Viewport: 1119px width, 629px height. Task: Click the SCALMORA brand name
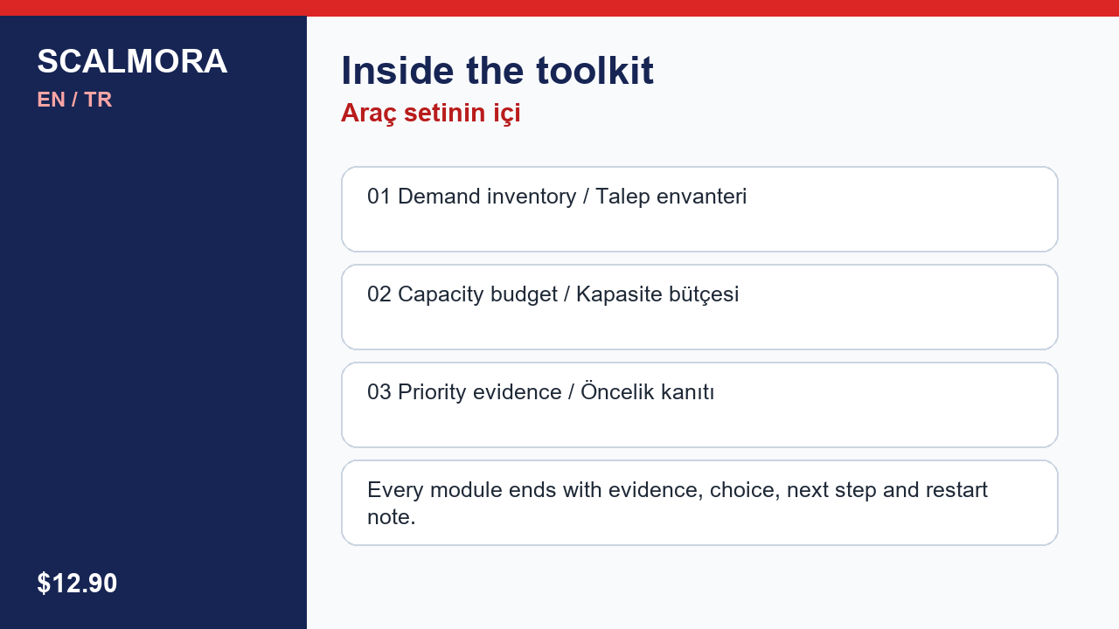point(132,61)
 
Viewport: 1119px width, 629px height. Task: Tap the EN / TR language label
point(74,100)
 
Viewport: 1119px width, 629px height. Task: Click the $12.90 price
point(77,583)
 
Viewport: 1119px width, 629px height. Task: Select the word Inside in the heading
point(398,71)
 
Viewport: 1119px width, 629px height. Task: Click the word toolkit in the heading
point(595,71)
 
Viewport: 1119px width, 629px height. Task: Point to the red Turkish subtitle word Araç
point(369,114)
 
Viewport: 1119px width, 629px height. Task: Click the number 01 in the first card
point(379,197)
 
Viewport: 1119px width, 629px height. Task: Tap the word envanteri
point(701,197)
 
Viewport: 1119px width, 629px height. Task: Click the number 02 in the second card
point(379,294)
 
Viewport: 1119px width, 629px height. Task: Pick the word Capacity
point(441,295)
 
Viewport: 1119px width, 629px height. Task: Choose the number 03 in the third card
point(379,392)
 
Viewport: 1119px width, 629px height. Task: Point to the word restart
point(956,490)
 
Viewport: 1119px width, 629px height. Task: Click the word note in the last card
point(387,517)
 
